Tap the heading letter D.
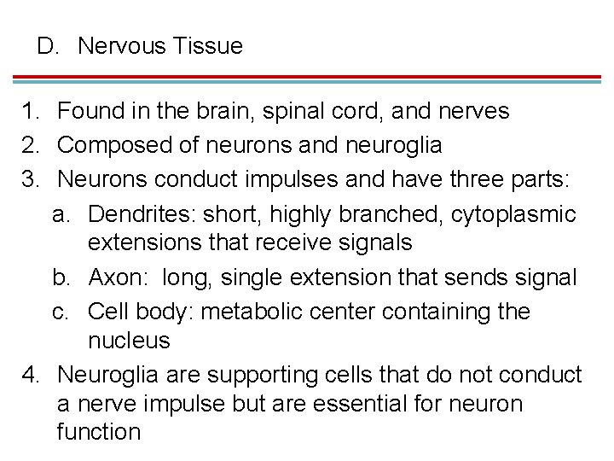click(46, 46)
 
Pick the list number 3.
click(32, 178)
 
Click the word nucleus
click(129, 341)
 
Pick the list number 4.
click(32, 375)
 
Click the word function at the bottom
click(98, 431)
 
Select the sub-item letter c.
click(60, 311)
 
